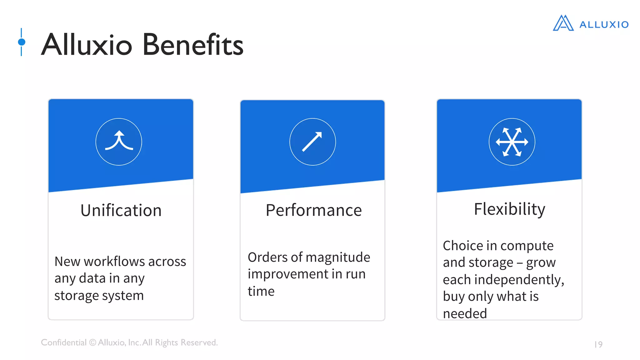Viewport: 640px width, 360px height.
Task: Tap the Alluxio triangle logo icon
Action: [563, 23]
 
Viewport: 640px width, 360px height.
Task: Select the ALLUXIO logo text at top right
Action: [604, 25]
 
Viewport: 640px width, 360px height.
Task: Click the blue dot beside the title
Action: [22, 42]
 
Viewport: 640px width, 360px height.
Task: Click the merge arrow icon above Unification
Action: [119, 142]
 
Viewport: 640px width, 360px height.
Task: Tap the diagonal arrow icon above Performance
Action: [312, 142]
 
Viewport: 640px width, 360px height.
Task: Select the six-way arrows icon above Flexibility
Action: [512, 142]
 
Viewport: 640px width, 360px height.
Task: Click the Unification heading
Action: [121, 210]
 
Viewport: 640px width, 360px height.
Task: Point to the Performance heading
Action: [314, 210]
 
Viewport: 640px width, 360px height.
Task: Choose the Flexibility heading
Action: [509, 209]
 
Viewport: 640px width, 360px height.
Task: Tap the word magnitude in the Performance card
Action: [338, 257]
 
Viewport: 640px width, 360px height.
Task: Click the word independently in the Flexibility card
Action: [519, 280]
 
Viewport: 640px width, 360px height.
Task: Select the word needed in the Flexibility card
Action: [465, 313]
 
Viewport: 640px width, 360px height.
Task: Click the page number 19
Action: [598, 344]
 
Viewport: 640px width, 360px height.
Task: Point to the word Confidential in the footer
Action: [64, 342]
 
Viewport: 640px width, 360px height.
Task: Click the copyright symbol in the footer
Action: [92, 342]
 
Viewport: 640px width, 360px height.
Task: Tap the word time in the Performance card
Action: [261, 291]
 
